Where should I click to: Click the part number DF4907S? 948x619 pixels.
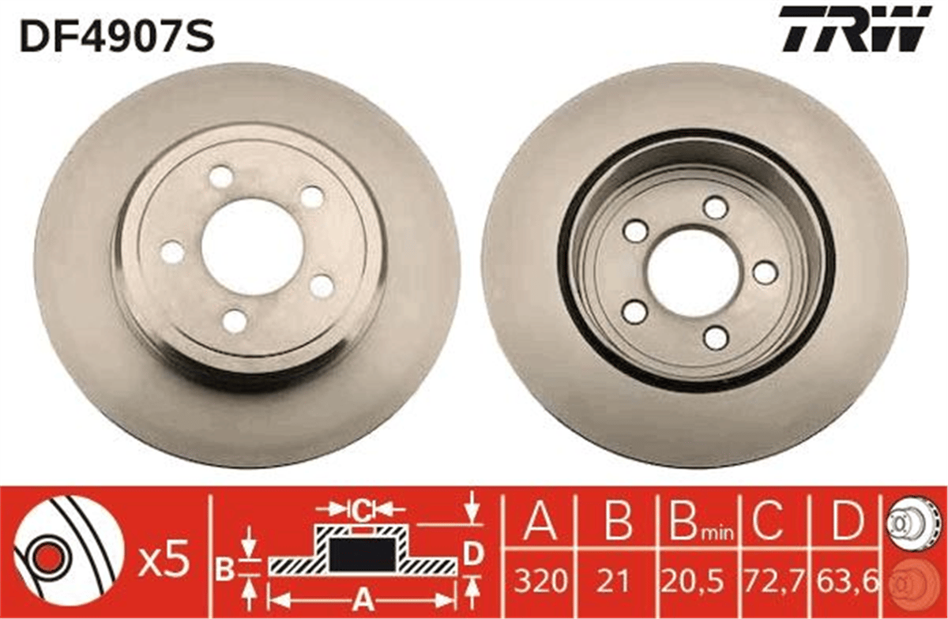117,36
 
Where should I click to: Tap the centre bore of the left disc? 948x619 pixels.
253,248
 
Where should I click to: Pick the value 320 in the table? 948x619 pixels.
541,580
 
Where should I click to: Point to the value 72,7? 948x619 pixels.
773,580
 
